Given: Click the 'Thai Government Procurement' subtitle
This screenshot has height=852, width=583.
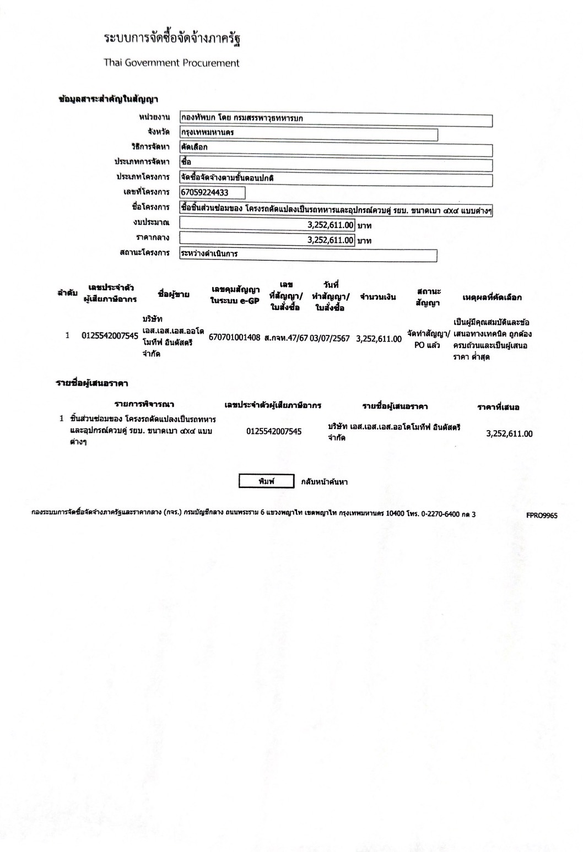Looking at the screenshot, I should pyautogui.click(x=171, y=63).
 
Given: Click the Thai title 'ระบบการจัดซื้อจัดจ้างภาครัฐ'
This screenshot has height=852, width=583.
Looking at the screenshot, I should pyautogui.click(x=172, y=39).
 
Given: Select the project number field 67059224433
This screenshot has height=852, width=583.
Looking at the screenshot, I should pyautogui.click(x=212, y=192).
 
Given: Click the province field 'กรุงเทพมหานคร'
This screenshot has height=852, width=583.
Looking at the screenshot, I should pyautogui.click(x=309, y=134).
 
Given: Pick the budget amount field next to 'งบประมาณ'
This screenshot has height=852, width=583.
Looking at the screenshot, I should pyautogui.click(x=267, y=225).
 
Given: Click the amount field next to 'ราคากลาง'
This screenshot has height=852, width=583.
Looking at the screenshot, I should pyautogui.click(x=267, y=240).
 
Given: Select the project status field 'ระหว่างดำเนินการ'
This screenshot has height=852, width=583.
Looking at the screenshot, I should pyautogui.click(x=308, y=255).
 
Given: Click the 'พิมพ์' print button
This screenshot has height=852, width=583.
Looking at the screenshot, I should pyautogui.click(x=266, y=481).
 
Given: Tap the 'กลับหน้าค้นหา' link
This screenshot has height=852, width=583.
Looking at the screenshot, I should pyautogui.click(x=324, y=482).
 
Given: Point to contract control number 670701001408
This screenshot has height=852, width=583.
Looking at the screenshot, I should pyautogui.click(x=234, y=338).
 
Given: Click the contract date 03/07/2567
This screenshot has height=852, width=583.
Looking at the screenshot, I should pyautogui.click(x=330, y=338).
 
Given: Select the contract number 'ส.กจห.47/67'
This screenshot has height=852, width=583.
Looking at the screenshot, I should pyautogui.click(x=285, y=338).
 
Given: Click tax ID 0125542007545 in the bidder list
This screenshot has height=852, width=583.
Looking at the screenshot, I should pyautogui.click(x=274, y=431).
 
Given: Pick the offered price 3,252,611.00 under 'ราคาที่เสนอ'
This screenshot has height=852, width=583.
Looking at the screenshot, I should pyautogui.click(x=509, y=433).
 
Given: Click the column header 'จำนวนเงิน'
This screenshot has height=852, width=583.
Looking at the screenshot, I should pyautogui.click(x=377, y=297).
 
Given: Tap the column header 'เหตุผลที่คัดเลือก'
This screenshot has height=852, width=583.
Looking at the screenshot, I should pyautogui.click(x=492, y=297).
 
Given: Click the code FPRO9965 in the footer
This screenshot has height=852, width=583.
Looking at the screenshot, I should pyautogui.click(x=542, y=515).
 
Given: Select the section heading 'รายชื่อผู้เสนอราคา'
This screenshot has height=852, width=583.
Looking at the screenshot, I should pyautogui.click(x=92, y=383).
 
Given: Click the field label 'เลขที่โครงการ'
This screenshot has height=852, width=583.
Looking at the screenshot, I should pyautogui.click(x=146, y=192).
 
